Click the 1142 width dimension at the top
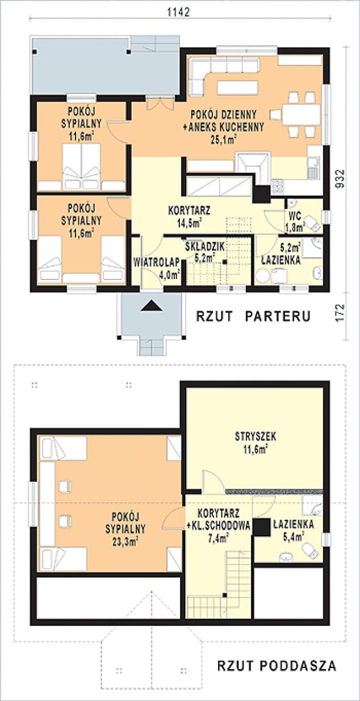pos(179,12)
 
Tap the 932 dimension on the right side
pos(340,179)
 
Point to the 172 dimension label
pos(340,311)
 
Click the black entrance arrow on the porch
pos(152,306)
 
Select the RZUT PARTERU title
pos(253,316)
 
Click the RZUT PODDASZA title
pos(277,666)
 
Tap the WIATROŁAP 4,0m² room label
pos(156,268)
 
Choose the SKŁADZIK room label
pos(205,247)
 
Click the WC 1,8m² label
pos(295,222)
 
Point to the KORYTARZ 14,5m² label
pos(189,216)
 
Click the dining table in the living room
pos(301,114)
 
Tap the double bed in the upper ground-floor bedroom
pos(81,166)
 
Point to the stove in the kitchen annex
pos(278,187)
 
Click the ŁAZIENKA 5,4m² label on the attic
pos(294,530)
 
